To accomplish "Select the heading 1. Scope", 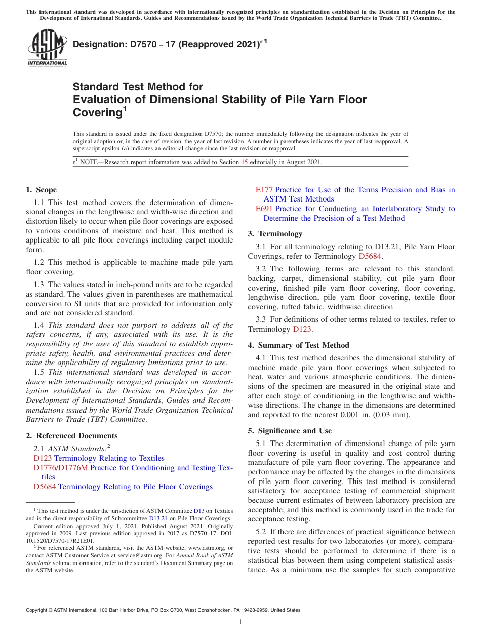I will (41, 190).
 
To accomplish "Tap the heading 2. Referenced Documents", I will (71, 436).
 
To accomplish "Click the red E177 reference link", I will (264, 190).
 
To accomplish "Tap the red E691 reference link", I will (264, 209).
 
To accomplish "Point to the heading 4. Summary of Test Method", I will (298, 345).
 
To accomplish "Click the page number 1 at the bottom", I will (240, 622).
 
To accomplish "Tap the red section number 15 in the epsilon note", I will (245, 162).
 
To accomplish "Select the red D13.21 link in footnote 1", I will (157, 518).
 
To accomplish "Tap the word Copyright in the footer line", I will (37, 610).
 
